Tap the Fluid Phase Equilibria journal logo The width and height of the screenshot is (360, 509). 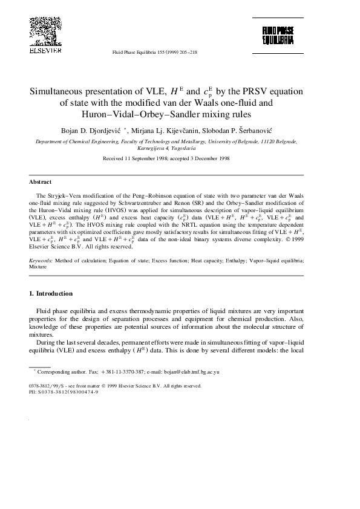coord(278,35)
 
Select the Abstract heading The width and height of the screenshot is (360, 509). coord(41,181)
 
